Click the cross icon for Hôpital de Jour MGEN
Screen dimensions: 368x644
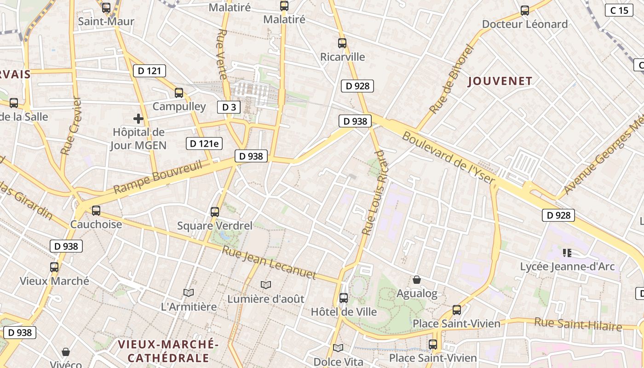pos(138,119)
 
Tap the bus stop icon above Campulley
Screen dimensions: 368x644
pos(179,93)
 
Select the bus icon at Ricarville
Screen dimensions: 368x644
pos(342,43)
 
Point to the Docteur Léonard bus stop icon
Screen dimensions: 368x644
pos(524,11)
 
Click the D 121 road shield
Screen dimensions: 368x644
pos(149,71)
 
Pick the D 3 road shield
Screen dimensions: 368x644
pos(229,107)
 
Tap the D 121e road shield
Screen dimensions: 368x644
pos(204,144)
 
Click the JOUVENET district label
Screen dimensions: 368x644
pos(500,81)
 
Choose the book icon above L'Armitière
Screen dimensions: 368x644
pos(188,293)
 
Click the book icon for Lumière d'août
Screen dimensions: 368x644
pos(266,285)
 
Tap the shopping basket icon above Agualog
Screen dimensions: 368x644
pos(417,280)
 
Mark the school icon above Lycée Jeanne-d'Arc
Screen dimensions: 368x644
pos(567,253)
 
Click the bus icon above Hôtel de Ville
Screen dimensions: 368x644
pos(344,298)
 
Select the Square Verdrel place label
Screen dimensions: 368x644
pos(215,226)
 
